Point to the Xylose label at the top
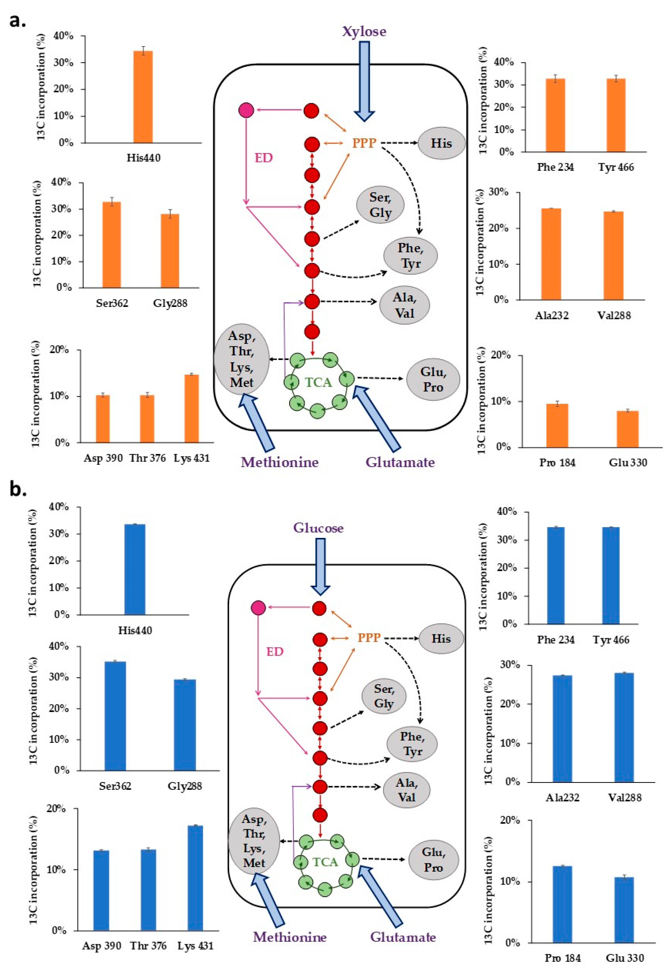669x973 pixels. pyautogui.click(x=364, y=31)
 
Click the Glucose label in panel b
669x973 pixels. pyautogui.click(x=318, y=528)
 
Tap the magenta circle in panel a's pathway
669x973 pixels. pyautogui.click(x=246, y=110)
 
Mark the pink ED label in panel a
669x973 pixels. pyautogui.click(x=264, y=158)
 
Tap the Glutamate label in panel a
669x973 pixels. pyautogui.click(x=400, y=462)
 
